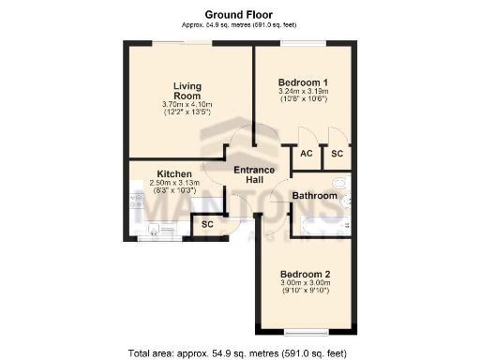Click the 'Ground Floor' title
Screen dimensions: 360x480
click(239, 14)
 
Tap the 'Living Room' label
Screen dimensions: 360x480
click(187, 91)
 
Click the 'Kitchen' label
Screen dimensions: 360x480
click(174, 174)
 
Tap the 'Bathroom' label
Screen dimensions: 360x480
click(313, 196)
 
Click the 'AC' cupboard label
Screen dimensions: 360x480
click(307, 154)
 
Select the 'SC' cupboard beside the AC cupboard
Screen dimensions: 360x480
click(337, 154)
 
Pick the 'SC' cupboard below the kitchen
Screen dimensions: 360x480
click(208, 225)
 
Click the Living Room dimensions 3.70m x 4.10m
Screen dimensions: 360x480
click(187, 104)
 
